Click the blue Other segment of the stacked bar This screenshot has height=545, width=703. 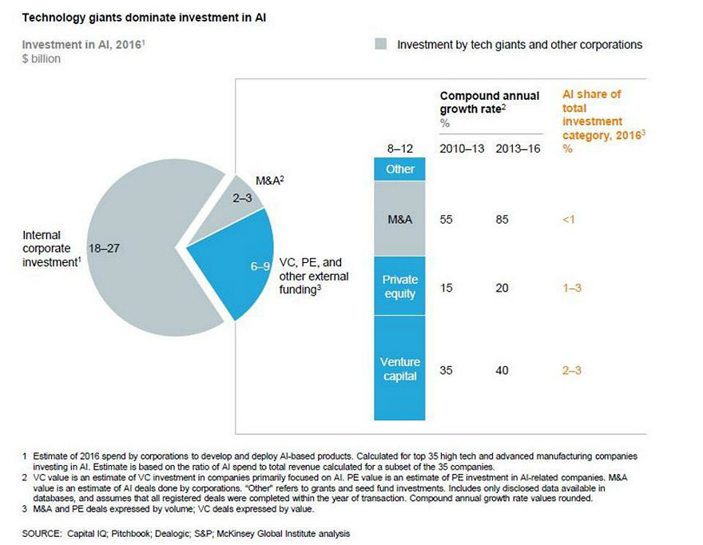click(399, 169)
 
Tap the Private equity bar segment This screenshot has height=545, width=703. click(399, 286)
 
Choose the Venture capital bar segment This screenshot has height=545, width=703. click(399, 369)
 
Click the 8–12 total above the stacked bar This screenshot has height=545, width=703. click(399, 148)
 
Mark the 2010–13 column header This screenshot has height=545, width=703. click(459, 149)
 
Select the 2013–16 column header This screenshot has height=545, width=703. click(513, 149)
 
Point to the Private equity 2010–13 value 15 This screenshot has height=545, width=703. click(447, 288)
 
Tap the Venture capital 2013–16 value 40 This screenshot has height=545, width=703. click(502, 370)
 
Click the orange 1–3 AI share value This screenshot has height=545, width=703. click(574, 288)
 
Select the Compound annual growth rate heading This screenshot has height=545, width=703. click(489, 102)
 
